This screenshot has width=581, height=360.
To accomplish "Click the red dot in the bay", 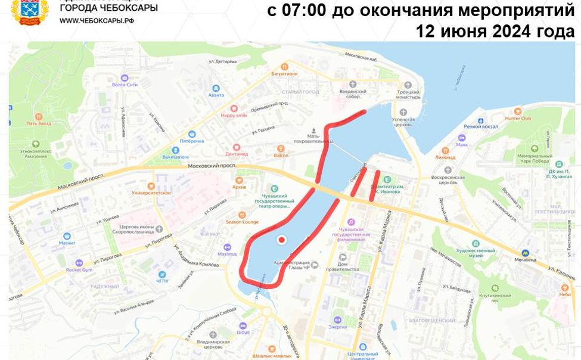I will (x=282, y=240).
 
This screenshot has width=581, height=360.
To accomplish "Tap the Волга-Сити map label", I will (x=125, y=85).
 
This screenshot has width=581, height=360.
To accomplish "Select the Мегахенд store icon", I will (x=525, y=253).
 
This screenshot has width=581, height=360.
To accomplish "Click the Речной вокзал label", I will (x=480, y=126).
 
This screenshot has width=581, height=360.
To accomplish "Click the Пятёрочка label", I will (x=192, y=141).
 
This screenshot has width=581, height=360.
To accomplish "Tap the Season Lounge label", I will (x=242, y=222).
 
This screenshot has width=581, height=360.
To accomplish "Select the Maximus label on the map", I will (x=226, y=254).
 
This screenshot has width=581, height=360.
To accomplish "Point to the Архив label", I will (x=239, y=187).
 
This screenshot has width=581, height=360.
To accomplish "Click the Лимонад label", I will (x=445, y=157).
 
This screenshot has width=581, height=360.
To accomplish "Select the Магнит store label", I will (x=67, y=243).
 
